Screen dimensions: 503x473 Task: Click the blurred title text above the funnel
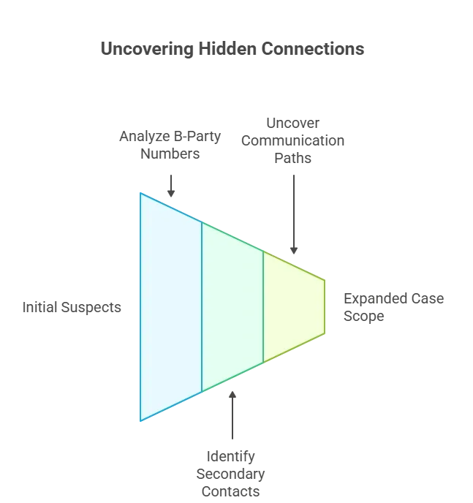(x=234, y=50)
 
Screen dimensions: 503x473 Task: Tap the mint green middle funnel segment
(x=232, y=307)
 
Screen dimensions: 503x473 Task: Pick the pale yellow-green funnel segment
(x=292, y=307)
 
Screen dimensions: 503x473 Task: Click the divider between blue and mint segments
(x=202, y=307)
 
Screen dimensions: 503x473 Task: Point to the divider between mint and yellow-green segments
(x=263, y=307)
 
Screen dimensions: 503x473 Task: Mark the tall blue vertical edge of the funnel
(x=140, y=307)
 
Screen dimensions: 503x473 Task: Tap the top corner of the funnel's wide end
(x=140, y=192)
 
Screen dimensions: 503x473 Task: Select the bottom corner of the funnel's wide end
(x=140, y=422)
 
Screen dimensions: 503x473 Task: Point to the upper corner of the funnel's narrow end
(x=325, y=279)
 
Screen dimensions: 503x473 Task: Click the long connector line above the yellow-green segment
(x=294, y=212)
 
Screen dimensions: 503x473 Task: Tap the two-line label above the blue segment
(x=171, y=146)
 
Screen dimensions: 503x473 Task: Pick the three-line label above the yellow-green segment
(x=294, y=140)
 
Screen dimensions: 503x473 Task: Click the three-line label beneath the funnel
(x=231, y=473)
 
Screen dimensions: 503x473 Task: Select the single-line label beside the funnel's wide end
(x=69, y=309)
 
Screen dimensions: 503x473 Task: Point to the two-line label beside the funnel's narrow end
(x=391, y=307)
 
